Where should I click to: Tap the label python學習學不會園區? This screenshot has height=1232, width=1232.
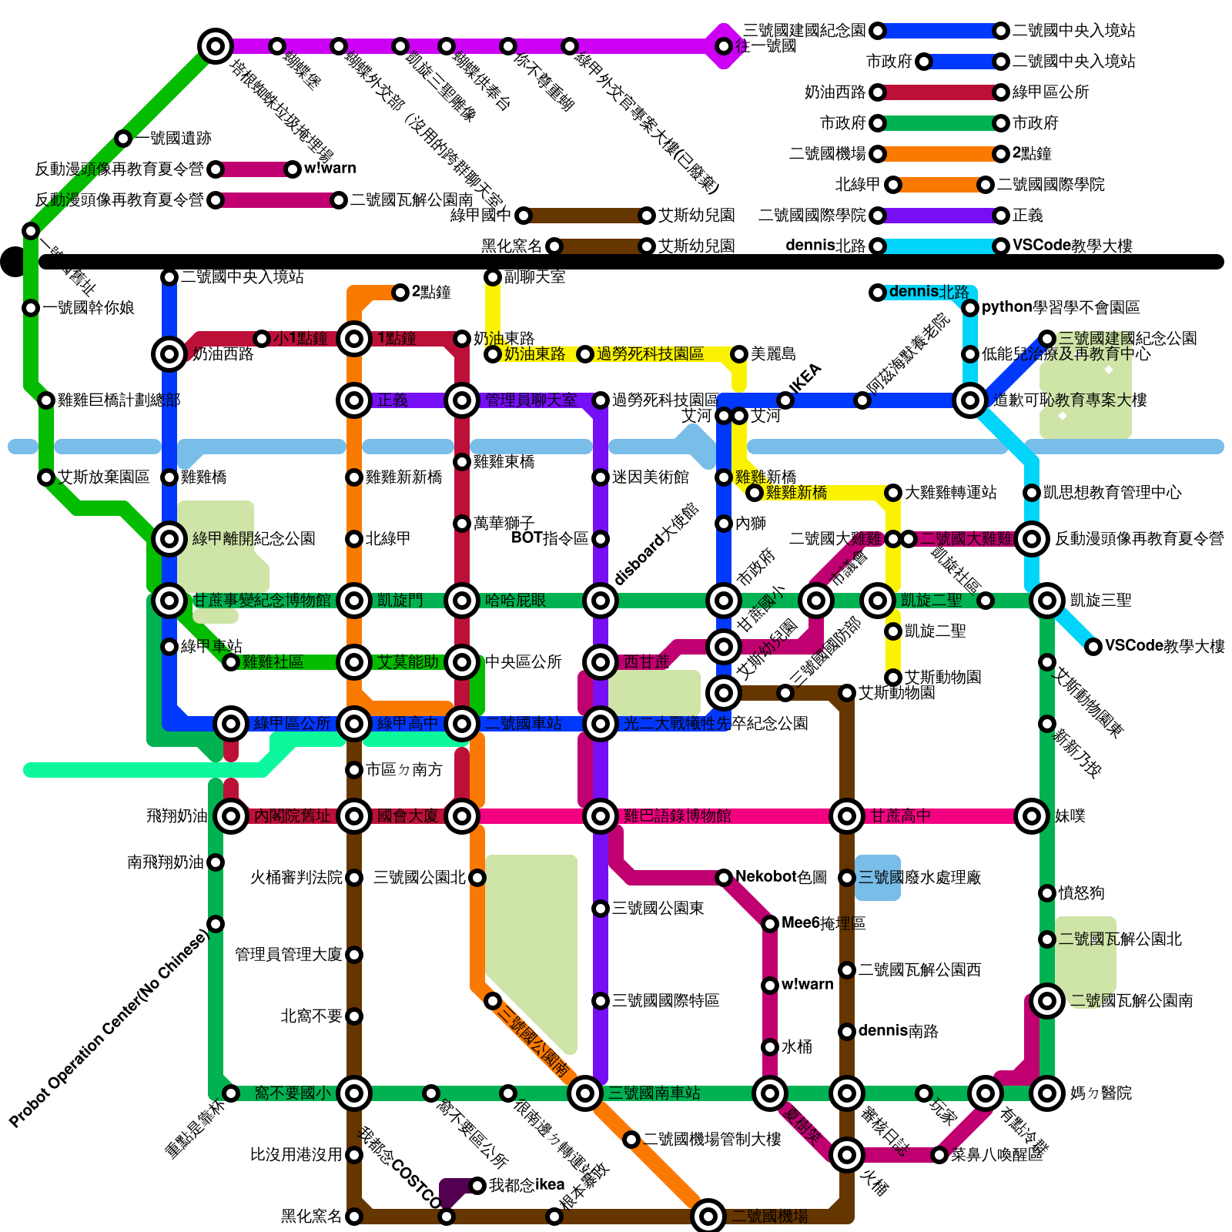1060,307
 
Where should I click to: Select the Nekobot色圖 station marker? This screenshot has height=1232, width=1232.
724,878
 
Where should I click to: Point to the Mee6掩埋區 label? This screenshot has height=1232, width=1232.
823,923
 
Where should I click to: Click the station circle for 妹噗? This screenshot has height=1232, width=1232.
1032,816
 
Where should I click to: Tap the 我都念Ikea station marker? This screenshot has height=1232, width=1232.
477,1186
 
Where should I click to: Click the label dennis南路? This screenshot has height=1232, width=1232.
898,1031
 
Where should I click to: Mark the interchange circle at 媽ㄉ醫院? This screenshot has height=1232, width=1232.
1047,1093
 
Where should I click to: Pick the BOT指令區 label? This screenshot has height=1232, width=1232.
550,538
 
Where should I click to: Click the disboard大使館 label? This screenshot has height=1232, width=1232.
657,544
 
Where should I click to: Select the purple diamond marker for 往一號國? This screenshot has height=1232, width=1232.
724,46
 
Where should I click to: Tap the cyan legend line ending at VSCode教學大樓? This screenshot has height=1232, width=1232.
939,246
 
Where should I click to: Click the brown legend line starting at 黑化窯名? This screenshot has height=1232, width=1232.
601,246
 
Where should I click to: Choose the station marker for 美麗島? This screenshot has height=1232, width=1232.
739,354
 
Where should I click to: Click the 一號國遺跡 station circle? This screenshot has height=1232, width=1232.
123,139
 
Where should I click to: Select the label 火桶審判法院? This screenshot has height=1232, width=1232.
296,877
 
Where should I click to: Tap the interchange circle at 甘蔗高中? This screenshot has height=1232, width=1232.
847,816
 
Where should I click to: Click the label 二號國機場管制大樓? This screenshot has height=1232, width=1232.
711,1139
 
